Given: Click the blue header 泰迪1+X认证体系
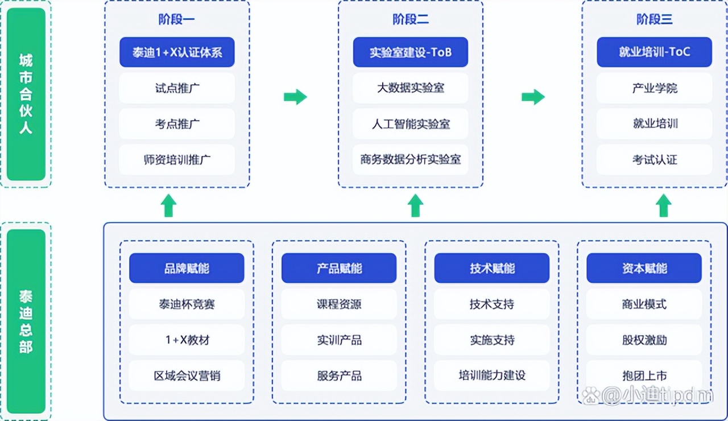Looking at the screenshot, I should [x=177, y=52].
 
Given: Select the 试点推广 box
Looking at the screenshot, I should [x=177, y=88].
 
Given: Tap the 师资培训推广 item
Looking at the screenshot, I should [x=177, y=159].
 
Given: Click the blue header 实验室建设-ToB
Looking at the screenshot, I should [x=410, y=52].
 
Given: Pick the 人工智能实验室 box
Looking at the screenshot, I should [x=410, y=124].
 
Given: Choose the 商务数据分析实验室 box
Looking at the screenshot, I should [x=410, y=159].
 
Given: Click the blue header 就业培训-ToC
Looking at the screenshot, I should [x=654, y=52].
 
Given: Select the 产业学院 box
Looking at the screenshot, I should [x=654, y=88].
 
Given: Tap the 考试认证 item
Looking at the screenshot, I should [x=654, y=159].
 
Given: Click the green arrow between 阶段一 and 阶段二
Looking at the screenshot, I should [x=295, y=97].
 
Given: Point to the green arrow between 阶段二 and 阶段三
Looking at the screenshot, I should [x=533, y=97].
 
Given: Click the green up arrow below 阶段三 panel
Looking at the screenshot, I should [x=663, y=205].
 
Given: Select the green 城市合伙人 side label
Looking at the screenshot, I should [x=26, y=94].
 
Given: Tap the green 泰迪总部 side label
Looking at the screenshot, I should [x=26, y=321].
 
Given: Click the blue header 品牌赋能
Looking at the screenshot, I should [x=187, y=268].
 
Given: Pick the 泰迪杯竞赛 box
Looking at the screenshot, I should [x=187, y=304].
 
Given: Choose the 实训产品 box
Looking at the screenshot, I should [x=339, y=340].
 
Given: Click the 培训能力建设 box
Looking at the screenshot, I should [x=492, y=375].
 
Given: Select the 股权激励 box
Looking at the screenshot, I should [x=644, y=340].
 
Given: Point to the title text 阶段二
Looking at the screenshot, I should [x=410, y=19].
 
